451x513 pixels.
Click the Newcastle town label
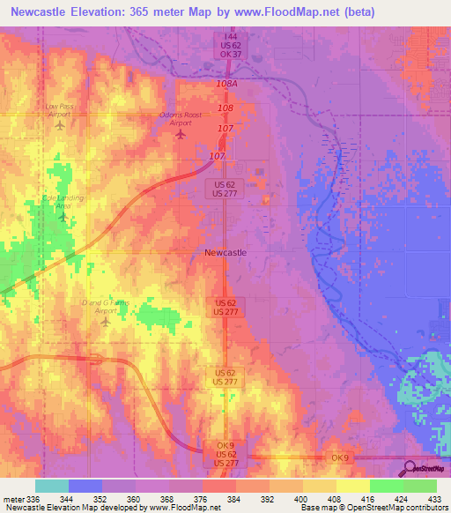coord(225,252)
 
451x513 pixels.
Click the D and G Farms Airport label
coord(105,307)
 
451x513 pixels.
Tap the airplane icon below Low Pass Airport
coord(60,126)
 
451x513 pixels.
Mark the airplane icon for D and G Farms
coord(106,322)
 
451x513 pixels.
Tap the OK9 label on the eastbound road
coord(340,457)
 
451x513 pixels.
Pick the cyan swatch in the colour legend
coord(52,486)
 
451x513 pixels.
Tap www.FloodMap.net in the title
coord(299,12)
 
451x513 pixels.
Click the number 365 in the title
coord(140,12)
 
